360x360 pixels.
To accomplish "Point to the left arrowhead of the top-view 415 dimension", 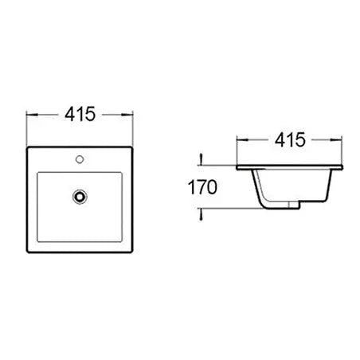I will [30, 115].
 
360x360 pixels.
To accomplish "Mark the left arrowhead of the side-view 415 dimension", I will [241, 142].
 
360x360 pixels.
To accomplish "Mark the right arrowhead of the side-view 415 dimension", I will [342, 142].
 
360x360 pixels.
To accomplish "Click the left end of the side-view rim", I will [238, 169].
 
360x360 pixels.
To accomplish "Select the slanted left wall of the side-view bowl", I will [259, 190].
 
